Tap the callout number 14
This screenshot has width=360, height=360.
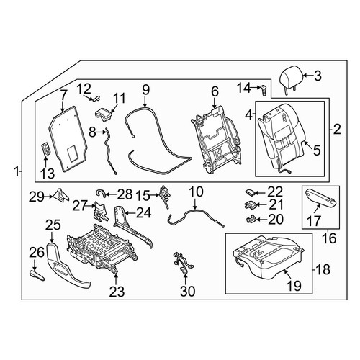coord(244,88)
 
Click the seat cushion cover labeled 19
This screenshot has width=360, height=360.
coord(269,258)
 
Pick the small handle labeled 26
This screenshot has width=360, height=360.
coord(37,275)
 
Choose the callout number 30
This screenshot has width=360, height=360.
coord(187,292)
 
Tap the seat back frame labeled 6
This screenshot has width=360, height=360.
coord(215,140)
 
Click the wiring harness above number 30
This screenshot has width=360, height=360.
coord(184,263)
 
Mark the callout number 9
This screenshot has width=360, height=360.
coord(146,90)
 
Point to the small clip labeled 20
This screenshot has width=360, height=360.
coord(251,219)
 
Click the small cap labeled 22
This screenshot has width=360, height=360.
coord(250,192)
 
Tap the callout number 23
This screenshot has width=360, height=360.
coord(117,292)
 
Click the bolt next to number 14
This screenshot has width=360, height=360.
coord(264,90)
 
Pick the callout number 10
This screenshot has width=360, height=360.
coord(196,192)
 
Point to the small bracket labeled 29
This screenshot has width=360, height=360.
coord(61,195)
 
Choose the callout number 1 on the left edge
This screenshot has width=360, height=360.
coord(17,172)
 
